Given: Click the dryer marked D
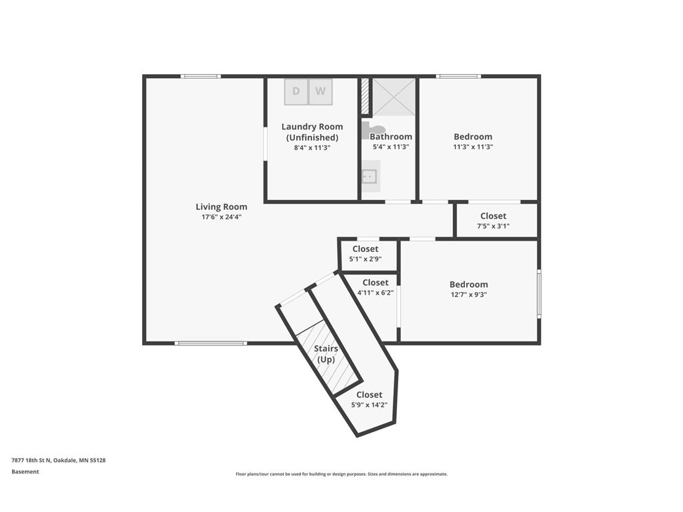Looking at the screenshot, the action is [x=296, y=91].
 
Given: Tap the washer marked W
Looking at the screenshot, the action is [x=321, y=91].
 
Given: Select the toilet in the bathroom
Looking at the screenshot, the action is [x=372, y=130].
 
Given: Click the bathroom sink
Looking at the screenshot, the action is [x=371, y=176].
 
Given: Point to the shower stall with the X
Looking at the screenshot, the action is [x=394, y=97].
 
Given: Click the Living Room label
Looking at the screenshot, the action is [x=221, y=207].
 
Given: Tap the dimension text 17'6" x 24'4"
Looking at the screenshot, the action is [x=221, y=217].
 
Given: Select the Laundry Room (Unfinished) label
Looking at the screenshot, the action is [x=312, y=132].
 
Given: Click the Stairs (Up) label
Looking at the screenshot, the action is [x=325, y=354].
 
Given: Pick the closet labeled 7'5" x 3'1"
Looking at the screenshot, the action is [x=496, y=220].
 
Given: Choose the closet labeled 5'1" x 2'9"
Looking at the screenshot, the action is [x=368, y=254].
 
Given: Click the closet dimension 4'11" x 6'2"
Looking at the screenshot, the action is [x=376, y=293].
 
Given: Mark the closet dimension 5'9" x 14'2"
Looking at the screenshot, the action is [x=370, y=405].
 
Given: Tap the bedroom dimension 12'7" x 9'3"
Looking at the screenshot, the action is [x=469, y=294].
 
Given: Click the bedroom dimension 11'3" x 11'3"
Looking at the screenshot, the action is [x=473, y=147].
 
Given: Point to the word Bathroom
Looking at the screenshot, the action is [x=391, y=137].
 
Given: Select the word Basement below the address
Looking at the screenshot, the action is [x=25, y=471].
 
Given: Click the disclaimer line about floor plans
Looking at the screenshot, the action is [x=341, y=474].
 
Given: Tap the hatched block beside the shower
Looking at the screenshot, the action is [x=365, y=96].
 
